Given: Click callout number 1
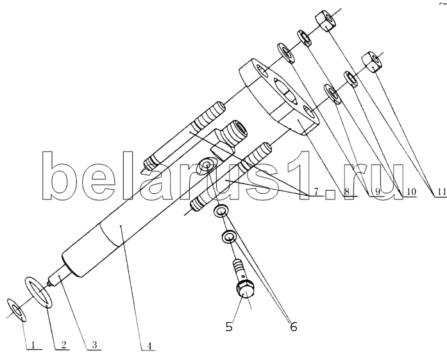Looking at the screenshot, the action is point(33,345).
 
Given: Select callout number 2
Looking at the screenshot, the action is point(63,345).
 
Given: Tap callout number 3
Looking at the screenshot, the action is point(94,345).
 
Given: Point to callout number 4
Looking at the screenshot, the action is point(149,346).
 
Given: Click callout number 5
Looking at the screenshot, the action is point(229,327).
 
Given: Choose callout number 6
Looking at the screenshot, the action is point(294,327).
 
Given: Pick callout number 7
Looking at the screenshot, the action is point(316,191).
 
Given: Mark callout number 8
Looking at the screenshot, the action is point(346,191).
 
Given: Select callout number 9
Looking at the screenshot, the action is point(378,191).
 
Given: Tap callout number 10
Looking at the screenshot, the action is point(410,191).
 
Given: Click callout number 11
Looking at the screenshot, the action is point(442,192).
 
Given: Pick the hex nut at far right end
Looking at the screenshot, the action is point(372,62).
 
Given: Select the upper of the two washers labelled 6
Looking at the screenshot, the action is point(221,211).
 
